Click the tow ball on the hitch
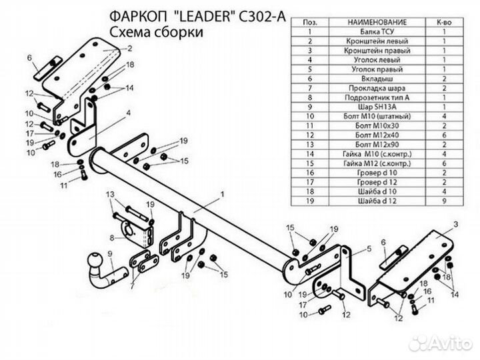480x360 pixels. coord(94,261)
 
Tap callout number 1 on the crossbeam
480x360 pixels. coord(222,193)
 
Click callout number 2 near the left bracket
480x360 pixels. coord(129,48)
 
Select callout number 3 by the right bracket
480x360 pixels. coord(455,224)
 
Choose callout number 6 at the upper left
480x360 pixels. coord(29,59)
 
